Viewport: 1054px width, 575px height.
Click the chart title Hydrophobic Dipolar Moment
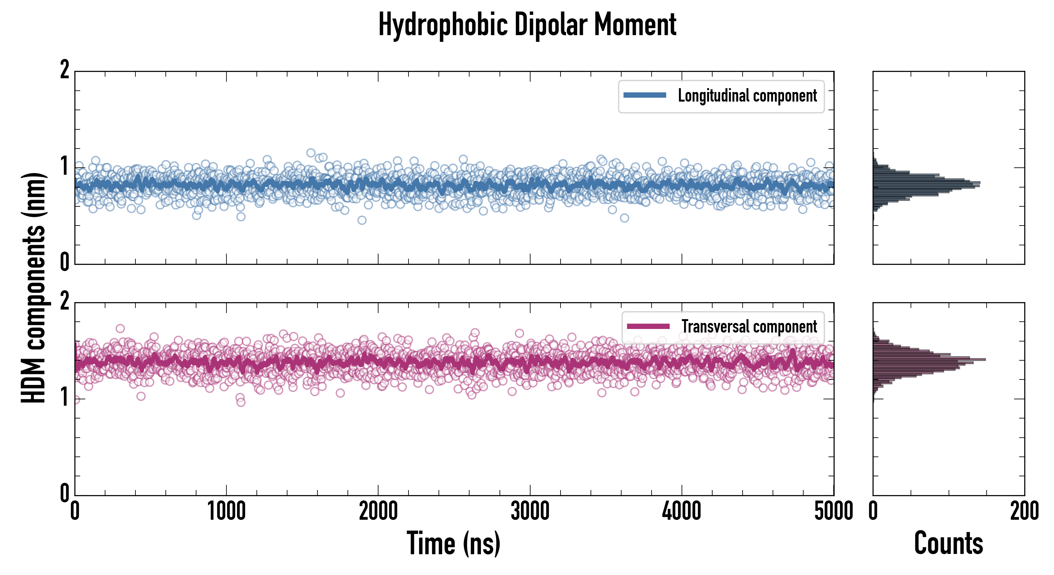click(527, 25)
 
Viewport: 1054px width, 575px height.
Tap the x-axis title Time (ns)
click(453, 543)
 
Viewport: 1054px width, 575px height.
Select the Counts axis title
click(948, 543)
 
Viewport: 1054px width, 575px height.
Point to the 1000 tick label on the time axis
click(226, 511)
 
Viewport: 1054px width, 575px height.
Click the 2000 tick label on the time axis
click(378, 511)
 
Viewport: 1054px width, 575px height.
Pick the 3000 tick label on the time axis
click(530, 511)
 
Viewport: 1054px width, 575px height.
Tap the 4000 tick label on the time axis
click(682, 511)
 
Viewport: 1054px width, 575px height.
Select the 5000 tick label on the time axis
click(834, 511)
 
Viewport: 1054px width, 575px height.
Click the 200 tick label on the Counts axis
click(1025, 511)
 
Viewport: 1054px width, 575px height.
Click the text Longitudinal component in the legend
click(747, 96)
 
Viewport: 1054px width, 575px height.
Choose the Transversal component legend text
click(749, 326)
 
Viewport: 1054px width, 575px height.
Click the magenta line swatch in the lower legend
click(648, 326)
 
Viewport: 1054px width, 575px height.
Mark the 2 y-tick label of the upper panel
click(65, 70)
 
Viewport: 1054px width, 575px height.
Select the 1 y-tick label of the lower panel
click(65, 398)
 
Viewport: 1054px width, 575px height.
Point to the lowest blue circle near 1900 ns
click(362, 220)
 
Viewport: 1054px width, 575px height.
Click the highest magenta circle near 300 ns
click(120, 328)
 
